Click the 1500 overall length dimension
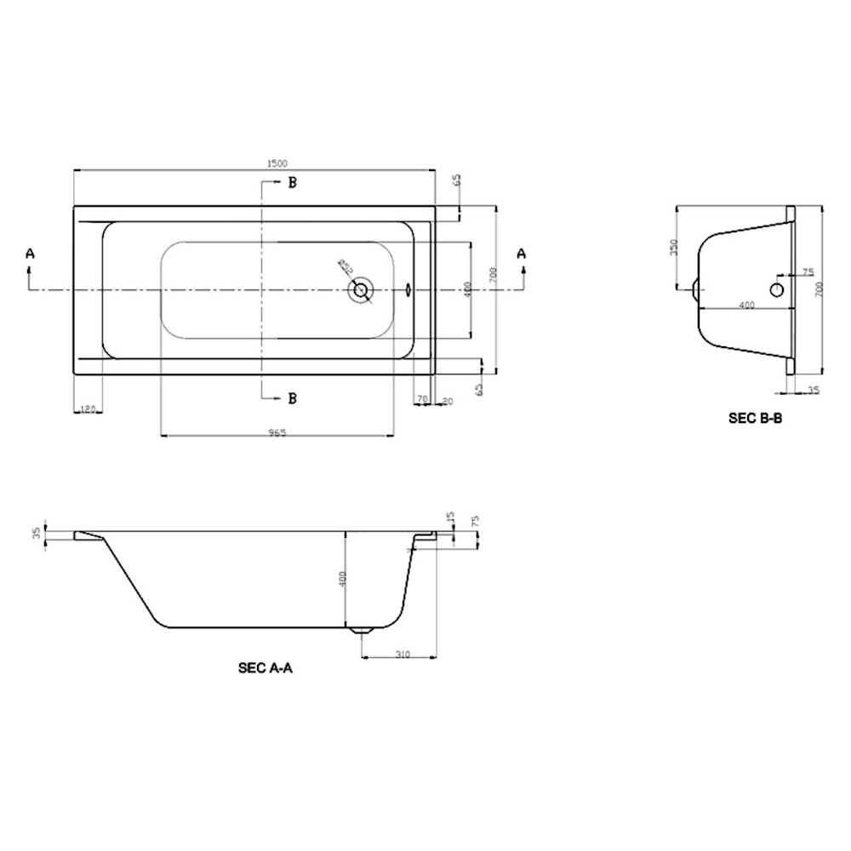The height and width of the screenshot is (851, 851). [x=277, y=163]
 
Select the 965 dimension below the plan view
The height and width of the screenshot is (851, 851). [x=277, y=432]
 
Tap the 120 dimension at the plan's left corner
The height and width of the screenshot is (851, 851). [x=87, y=409]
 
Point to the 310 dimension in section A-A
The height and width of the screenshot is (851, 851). [x=403, y=654]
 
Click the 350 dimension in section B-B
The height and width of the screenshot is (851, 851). [x=673, y=247]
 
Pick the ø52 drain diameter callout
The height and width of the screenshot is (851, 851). [x=346, y=267]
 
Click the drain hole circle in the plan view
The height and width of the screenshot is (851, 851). [x=362, y=290]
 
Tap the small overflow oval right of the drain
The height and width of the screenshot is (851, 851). [x=408, y=289]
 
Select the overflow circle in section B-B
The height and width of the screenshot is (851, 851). [x=778, y=290]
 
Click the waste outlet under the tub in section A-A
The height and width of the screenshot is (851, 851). [x=363, y=631]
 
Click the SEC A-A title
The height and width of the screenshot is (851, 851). [x=266, y=669]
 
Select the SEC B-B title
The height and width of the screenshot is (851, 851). [x=755, y=418]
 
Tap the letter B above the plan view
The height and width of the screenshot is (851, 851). [x=292, y=183]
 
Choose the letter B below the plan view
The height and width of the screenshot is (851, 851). [x=292, y=397]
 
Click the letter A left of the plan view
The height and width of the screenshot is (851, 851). [x=31, y=253]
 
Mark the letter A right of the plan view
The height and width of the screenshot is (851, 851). [x=523, y=253]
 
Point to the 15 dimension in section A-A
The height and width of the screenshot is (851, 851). [x=451, y=518]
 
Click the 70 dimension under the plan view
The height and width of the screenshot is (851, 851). [x=421, y=399]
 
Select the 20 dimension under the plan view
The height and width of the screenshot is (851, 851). [x=448, y=401]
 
